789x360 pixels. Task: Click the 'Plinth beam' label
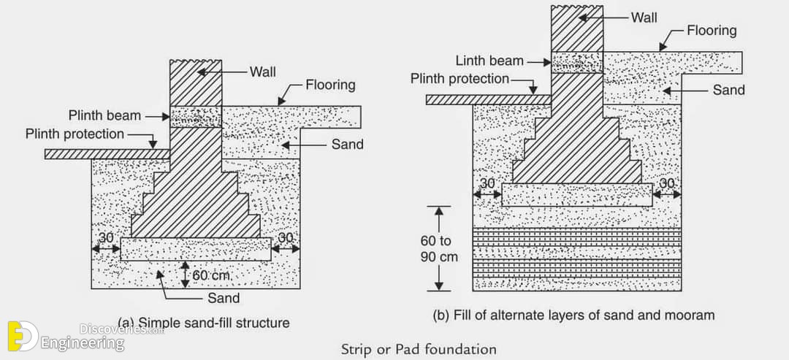pyautogui.click(x=104, y=115)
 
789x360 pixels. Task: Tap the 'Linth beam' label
pyautogui.click(x=489, y=61)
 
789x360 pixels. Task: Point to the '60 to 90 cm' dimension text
pyautogui.click(x=439, y=250)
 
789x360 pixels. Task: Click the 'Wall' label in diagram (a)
pyautogui.click(x=263, y=72)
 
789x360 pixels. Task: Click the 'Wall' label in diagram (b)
pyautogui.click(x=644, y=18)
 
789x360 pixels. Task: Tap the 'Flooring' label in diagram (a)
pyautogui.click(x=331, y=85)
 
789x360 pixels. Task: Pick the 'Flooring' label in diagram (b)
pyautogui.click(x=712, y=31)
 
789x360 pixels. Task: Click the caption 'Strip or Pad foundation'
pyautogui.click(x=419, y=349)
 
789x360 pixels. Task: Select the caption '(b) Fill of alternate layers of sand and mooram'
pyautogui.click(x=573, y=315)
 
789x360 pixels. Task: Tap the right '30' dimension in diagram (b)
pyautogui.click(x=666, y=183)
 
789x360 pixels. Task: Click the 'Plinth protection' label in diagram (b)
pyautogui.click(x=460, y=79)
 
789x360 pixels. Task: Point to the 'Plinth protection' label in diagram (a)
pyautogui.click(x=75, y=134)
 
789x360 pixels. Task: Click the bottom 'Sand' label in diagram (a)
pyautogui.click(x=224, y=298)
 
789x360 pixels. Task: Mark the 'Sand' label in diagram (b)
pyautogui.click(x=728, y=90)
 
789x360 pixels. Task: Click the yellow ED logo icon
pyautogui.click(x=23, y=336)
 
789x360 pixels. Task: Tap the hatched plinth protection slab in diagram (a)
pyautogui.click(x=107, y=154)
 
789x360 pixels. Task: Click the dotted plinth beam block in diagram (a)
pyautogui.click(x=196, y=117)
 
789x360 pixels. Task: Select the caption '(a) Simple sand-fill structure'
pyautogui.click(x=204, y=322)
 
